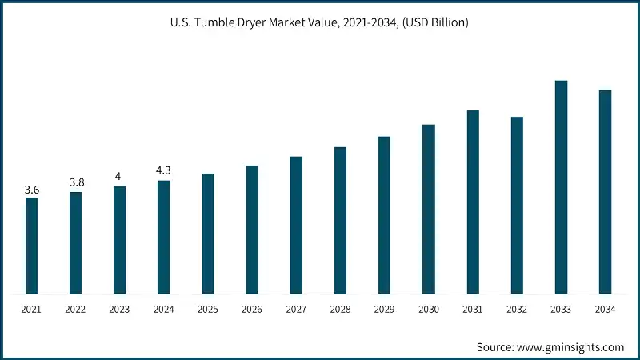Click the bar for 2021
coord(31,245)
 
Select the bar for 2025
coord(208,233)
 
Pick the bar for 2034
coord(605,191)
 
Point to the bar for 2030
coord(429,209)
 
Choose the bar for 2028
coord(340,220)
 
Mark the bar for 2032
coord(517,205)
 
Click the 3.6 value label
coord(31,190)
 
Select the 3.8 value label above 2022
coord(76,182)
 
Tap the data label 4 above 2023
coord(119,177)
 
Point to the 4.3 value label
coord(164,170)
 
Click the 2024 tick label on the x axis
coord(164,308)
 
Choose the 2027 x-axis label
coord(296,308)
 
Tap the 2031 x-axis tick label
coord(473,308)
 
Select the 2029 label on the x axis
coord(385,308)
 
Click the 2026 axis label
coord(252,308)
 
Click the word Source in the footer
coord(496,347)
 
